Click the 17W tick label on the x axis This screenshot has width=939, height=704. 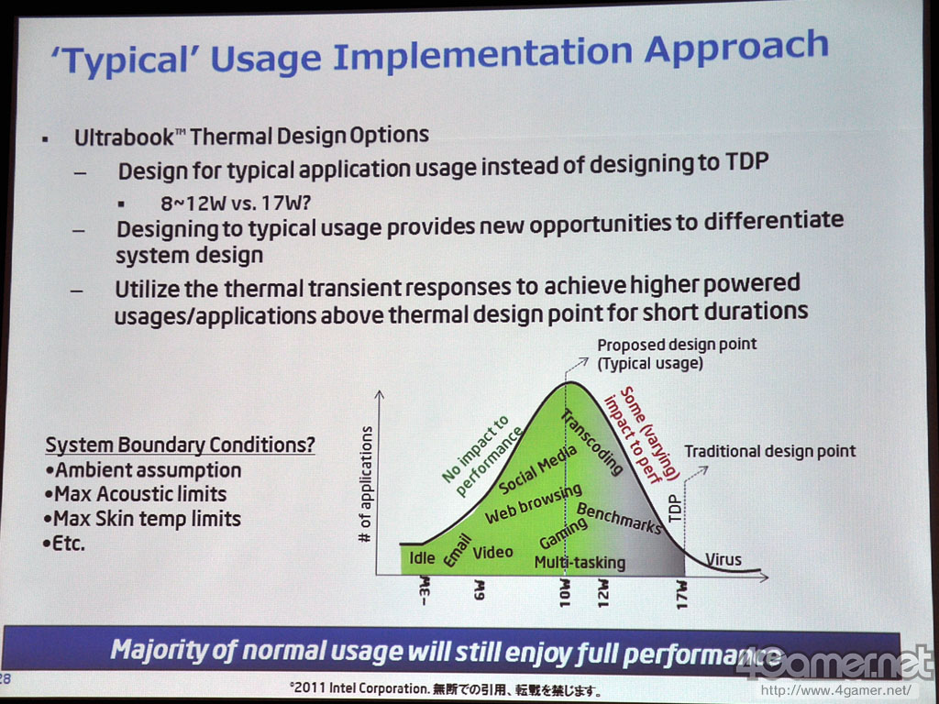point(681,594)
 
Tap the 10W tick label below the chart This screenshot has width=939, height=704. point(565,593)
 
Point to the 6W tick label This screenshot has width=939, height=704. point(479,589)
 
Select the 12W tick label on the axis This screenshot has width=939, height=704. point(603,593)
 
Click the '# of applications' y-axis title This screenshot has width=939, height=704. point(365,484)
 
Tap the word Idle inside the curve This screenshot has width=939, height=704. point(422,558)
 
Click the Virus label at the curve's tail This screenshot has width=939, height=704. point(724,560)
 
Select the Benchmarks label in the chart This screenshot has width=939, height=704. point(619,519)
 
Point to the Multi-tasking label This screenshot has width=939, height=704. point(580,563)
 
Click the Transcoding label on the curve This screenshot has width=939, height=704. point(591,443)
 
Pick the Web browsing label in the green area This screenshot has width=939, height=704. point(533,503)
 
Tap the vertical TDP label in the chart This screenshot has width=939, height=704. point(674,508)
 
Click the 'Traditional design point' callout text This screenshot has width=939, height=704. point(770,451)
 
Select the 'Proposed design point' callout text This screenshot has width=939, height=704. point(677,345)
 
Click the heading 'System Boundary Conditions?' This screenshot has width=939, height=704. point(181,445)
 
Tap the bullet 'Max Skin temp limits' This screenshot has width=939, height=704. point(142,519)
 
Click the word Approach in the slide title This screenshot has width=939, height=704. point(736,49)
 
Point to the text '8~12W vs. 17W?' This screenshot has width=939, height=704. point(236,203)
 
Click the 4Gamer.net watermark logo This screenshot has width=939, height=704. point(834,663)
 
